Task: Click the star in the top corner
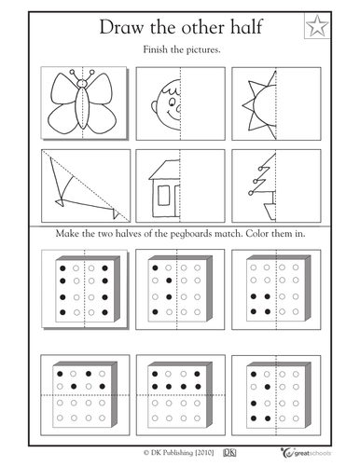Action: (x=317, y=26)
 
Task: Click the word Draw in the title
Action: (x=121, y=27)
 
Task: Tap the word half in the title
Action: (x=247, y=26)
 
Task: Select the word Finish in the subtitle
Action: (x=156, y=49)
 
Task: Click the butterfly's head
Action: (x=82, y=83)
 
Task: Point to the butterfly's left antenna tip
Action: (x=73, y=72)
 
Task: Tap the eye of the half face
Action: (x=172, y=102)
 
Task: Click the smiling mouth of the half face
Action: (x=173, y=116)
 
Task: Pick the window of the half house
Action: (x=164, y=195)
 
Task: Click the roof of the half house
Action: (x=164, y=170)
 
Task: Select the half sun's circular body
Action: (x=265, y=105)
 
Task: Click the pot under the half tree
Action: (x=270, y=212)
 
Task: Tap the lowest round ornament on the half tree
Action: (x=251, y=193)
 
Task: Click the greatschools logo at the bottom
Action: (x=306, y=452)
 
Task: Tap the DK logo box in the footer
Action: (x=229, y=453)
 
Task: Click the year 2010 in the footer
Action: (x=204, y=453)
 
